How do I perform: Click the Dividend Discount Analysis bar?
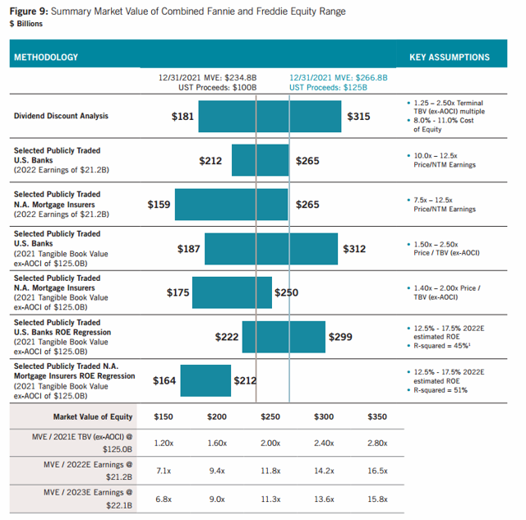[270, 117]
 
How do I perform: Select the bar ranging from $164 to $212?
[205, 380]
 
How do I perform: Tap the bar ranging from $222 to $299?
[284, 337]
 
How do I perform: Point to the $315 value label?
[358, 117]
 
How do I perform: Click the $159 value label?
[159, 205]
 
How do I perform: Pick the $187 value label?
[188, 249]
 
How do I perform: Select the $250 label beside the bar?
[286, 292]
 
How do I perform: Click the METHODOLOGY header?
[46, 58]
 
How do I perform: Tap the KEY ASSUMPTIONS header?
[450, 58]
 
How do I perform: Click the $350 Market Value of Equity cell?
[377, 416]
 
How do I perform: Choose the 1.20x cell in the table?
[164, 444]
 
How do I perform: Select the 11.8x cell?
[270, 471]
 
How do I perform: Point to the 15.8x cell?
[377, 499]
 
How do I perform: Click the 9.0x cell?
[217, 499]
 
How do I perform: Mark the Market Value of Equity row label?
[93, 416]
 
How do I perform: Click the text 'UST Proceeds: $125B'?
[328, 88]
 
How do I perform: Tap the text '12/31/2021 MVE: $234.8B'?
[207, 78]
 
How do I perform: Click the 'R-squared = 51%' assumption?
[441, 390]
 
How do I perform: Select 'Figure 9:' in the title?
[29, 12]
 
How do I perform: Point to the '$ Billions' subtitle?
[26, 24]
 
